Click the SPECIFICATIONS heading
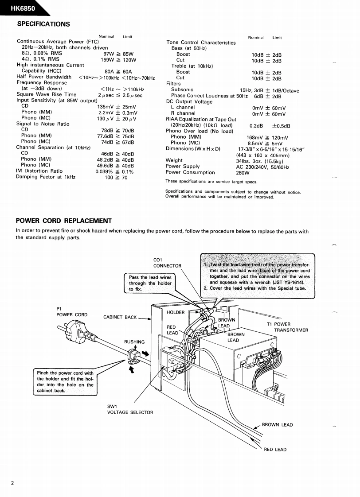tap(43, 24)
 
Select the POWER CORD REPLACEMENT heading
tap(64, 221)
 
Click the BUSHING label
tap(134, 342)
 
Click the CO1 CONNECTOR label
tap(167, 263)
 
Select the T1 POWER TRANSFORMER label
tap(287, 327)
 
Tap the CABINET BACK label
tap(120, 317)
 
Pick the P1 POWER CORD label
tap(72, 312)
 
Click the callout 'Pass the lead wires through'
tap(150, 283)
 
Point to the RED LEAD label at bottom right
tap(275, 450)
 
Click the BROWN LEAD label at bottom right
tap(277, 425)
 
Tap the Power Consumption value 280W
tap(243, 173)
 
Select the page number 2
tap(13, 482)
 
